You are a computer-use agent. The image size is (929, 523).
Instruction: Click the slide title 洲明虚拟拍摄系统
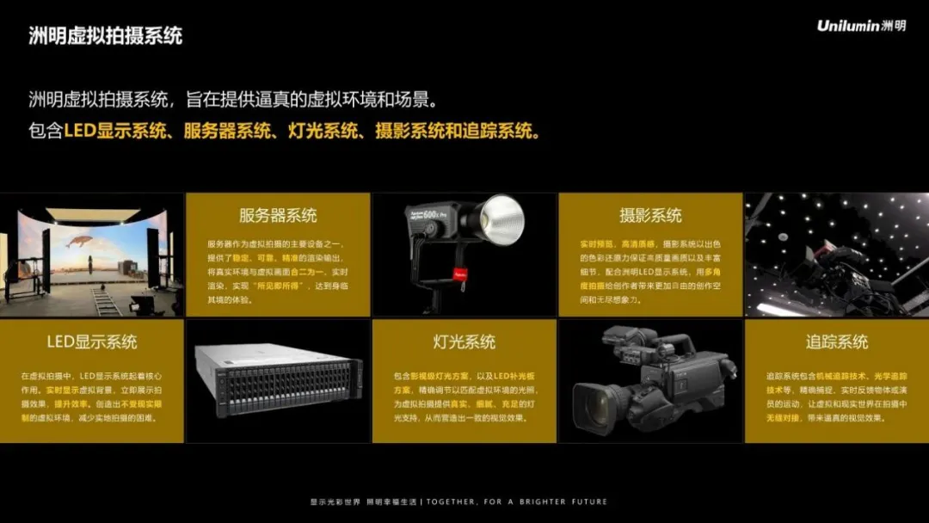105,36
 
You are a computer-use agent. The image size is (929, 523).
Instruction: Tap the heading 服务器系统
278,215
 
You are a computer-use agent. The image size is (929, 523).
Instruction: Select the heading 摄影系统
650,215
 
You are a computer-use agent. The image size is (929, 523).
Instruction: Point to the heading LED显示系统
92,341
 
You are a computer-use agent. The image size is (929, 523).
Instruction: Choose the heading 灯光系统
464,341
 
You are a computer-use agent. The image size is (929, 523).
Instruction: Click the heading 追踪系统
837,341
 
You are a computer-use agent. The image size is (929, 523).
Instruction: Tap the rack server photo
277,379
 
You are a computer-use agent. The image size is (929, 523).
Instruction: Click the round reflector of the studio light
502,217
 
